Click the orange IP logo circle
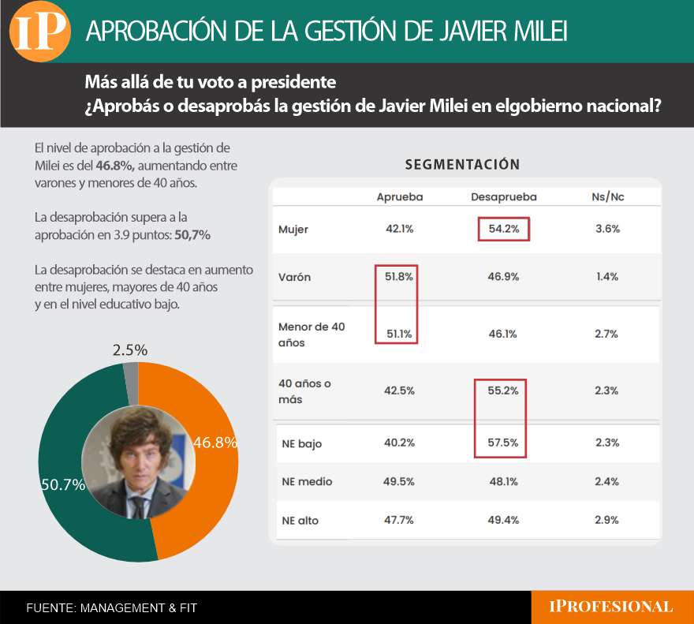[x=39, y=31]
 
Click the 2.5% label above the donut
[x=130, y=349]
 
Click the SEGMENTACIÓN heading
[x=462, y=165]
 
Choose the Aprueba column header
[x=400, y=197]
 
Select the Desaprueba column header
[x=503, y=197]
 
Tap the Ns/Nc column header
[x=607, y=197]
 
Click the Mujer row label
[x=293, y=230]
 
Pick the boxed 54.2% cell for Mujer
[x=503, y=230]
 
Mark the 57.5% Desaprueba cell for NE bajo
[x=503, y=443]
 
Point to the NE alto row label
[x=300, y=520]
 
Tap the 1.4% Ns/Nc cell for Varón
[x=607, y=277]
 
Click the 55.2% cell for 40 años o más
[x=503, y=390]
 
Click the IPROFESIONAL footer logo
[x=611, y=607]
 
